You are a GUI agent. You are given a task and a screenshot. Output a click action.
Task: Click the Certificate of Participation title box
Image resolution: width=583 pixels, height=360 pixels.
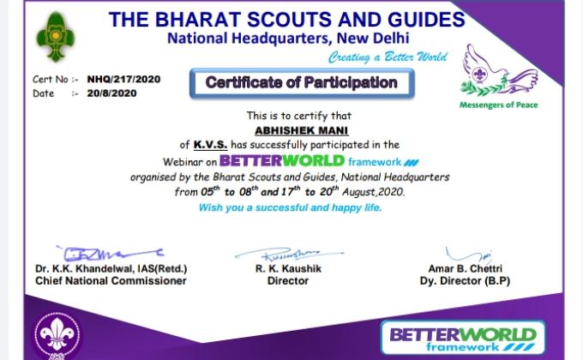tap(301, 83)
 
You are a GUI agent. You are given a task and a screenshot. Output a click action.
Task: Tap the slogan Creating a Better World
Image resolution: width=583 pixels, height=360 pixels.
tap(388, 57)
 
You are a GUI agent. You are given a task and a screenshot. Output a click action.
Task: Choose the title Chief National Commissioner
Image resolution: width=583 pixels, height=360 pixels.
tap(111, 280)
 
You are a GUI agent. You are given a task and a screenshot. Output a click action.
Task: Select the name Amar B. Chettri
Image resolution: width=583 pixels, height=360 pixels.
tap(463, 268)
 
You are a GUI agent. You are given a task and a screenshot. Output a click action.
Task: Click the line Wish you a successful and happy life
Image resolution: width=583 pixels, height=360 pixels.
tap(291, 207)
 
